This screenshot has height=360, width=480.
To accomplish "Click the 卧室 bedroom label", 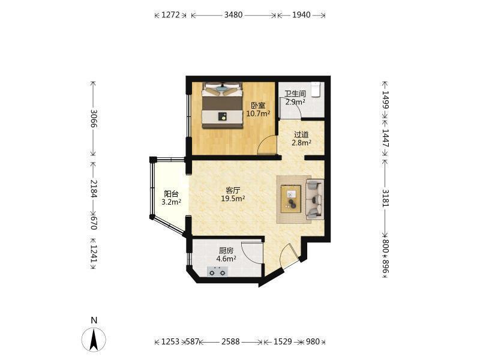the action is (x=258, y=106).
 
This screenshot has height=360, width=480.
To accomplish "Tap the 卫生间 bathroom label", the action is (x=295, y=94).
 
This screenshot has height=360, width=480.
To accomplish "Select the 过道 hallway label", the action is (x=301, y=134).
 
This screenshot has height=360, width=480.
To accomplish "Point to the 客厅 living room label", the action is (x=233, y=190).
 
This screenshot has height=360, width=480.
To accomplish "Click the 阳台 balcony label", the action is (x=171, y=194).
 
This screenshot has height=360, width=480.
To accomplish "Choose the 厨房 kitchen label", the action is (x=226, y=251).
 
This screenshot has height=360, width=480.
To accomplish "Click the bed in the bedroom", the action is (x=222, y=106).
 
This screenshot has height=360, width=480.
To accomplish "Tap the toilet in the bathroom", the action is (x=316, y=89).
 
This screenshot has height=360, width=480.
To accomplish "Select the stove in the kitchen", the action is (x=217, y=272).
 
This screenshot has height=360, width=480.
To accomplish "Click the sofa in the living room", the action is (x=314, y=199).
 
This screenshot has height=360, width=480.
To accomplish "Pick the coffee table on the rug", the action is (x=291, y=199).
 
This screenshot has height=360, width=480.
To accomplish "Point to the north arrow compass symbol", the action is (x=94, y=339).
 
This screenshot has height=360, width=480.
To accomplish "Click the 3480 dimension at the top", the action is (x=233, y=14).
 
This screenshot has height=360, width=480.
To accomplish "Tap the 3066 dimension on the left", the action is (x=94, y=119).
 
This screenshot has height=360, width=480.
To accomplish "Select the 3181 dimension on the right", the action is (x=385, y=198).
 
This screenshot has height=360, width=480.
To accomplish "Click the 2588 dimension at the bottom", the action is (x=230, y=341).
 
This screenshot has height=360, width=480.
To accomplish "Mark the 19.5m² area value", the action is (x=233, y=199).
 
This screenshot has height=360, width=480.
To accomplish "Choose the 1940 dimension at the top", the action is (x=301, y=14).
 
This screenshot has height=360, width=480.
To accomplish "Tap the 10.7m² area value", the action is (x=259, y=113).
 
